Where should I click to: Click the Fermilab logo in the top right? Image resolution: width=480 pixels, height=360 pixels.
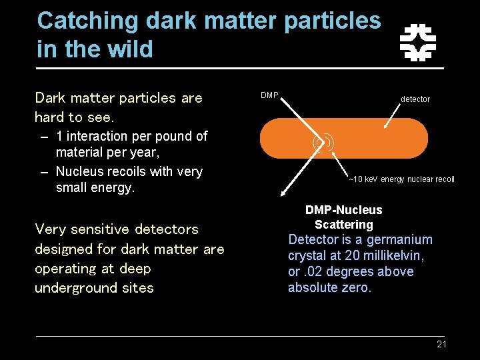click(417, 43)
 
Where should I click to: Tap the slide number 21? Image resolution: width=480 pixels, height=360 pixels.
click(441, 344)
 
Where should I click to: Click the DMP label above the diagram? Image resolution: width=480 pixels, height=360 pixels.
click(269, 95)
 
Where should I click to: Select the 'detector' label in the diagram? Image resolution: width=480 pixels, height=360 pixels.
click(415, 99)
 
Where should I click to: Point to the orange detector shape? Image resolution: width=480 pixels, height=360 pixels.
click(373, 137)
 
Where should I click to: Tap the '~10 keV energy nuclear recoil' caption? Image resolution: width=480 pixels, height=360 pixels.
click(401, 179)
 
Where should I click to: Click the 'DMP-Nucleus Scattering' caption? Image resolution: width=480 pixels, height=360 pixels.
click(343, 217)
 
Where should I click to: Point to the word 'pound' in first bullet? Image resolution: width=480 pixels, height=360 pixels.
click(169, 136)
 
